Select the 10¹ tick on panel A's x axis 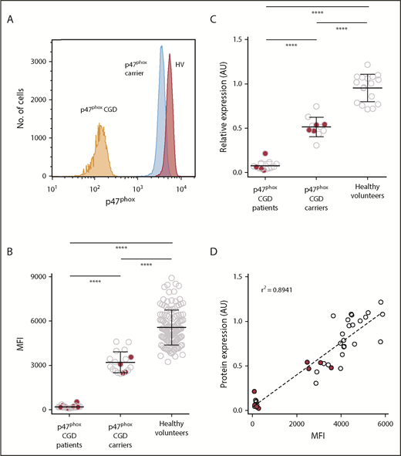tap(52, 188)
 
